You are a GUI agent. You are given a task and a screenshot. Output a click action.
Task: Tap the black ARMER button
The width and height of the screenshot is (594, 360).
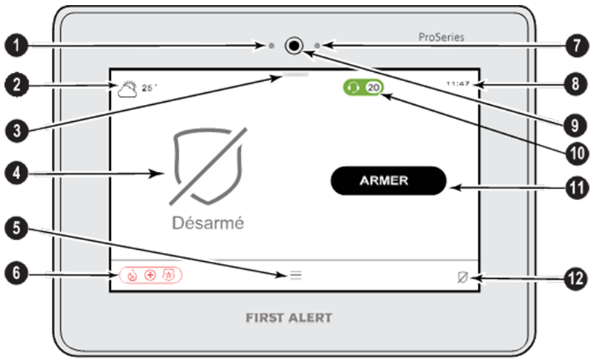(387, 180)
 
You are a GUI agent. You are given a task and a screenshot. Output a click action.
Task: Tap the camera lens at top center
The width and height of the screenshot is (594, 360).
(295, 46)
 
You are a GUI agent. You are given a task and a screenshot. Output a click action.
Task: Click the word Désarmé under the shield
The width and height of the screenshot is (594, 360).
(208, 222)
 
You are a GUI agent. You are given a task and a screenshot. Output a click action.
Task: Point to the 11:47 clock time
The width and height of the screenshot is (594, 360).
(458, 84)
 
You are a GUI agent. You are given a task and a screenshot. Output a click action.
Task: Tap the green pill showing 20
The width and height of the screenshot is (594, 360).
(365, 87)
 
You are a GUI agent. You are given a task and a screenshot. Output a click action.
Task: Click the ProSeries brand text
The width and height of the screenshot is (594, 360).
(440, 36)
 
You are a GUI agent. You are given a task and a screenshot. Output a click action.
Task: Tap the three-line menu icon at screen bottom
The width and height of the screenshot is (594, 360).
(296, 275)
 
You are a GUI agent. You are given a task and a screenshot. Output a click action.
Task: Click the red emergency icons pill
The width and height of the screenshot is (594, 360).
(150, 275)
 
